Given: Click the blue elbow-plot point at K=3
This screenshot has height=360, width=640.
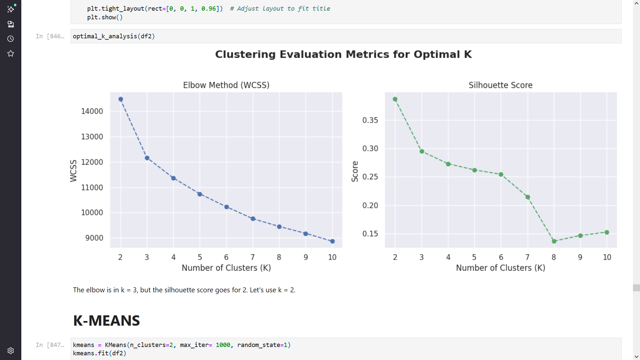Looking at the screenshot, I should point(147,158).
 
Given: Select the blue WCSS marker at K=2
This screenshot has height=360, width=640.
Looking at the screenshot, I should point(121,99).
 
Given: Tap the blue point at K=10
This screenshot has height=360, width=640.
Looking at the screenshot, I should point(332,241).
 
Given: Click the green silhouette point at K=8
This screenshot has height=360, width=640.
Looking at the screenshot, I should point(554,241).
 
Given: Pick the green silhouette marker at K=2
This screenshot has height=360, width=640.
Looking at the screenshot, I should point(395,99).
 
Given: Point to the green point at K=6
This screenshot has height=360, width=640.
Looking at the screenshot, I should point(501,174).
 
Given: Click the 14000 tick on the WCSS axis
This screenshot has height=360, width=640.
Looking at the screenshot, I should point(92,111).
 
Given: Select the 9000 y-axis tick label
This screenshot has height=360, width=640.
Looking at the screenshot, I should point(94,238).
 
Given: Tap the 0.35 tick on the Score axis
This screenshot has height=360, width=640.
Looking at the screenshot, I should point(370,120).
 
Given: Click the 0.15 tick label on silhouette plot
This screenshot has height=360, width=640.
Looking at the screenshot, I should point(370,234).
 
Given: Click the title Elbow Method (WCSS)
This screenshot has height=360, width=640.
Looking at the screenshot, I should point(226,85).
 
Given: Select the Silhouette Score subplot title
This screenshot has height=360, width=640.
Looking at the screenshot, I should point(500,85).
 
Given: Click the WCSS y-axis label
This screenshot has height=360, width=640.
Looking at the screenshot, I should point(73,171).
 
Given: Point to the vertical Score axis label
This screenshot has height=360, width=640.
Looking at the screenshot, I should point(355,171).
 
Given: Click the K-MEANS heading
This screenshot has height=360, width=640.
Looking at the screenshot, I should point(106,321).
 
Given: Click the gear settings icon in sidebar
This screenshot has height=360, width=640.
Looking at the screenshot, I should point(11,351).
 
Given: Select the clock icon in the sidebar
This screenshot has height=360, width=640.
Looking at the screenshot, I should point(11,39).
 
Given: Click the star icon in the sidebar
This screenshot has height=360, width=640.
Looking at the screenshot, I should point(11,54).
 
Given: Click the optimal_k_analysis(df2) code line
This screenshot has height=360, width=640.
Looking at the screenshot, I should point(114,36).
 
